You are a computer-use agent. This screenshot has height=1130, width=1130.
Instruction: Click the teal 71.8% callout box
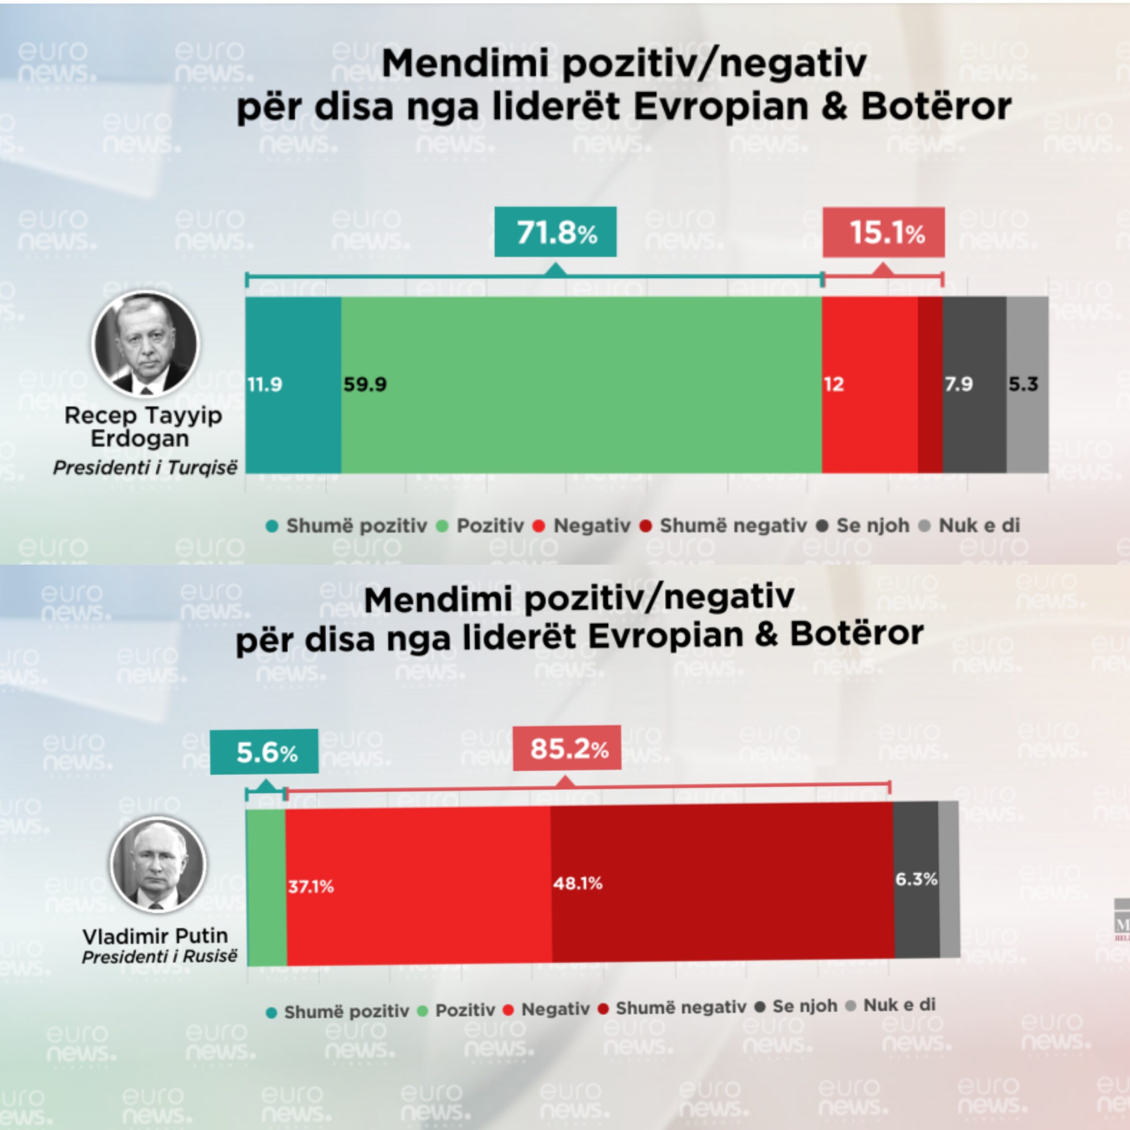click(555, 232)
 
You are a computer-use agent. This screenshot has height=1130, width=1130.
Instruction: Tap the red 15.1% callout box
click(883, 232)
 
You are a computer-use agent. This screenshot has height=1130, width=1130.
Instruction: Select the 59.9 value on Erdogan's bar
click(365, 384)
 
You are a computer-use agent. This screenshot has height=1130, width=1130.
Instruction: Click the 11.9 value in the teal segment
click(264, 384)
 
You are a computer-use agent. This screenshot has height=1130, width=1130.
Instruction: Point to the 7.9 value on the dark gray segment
click(959, 384)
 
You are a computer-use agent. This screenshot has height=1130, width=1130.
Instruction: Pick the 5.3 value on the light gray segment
click(1023, 384)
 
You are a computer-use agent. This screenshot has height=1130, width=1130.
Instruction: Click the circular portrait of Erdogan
click(146, 344)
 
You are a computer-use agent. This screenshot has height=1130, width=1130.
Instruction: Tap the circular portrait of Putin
click(158, 864)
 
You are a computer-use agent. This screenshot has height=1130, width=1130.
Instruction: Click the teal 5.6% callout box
click(264, 752)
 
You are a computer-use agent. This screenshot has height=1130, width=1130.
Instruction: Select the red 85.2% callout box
click(567, 749)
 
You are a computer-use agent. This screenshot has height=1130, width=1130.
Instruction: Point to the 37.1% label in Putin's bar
click(311, 887)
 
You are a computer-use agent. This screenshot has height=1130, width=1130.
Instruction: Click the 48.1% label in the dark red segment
click(578, 883)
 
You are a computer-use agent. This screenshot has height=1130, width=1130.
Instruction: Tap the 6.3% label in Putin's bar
click(916, 879)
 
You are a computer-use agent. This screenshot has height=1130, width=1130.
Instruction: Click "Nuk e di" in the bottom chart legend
click(899, 1005)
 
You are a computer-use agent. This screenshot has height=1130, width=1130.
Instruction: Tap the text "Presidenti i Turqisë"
click(146, 468)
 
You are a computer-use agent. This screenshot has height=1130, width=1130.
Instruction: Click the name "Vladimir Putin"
click(155, 936)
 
